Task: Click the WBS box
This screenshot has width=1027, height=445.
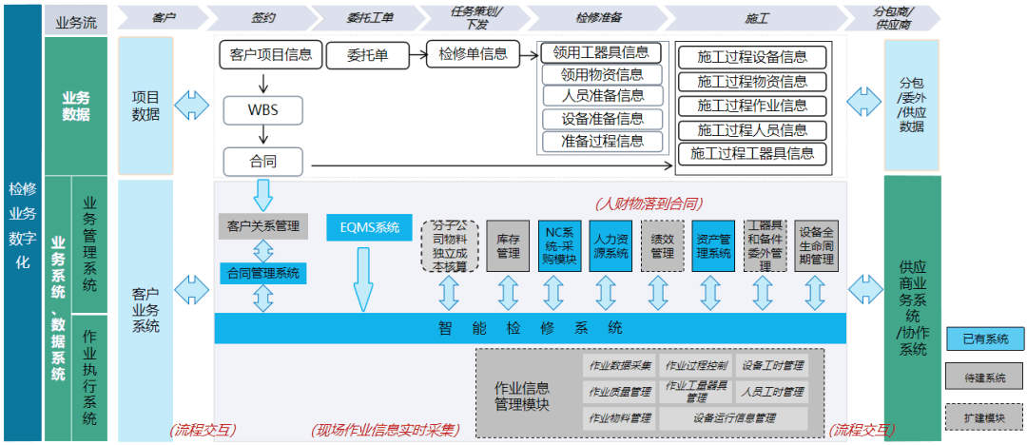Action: pos(262,108)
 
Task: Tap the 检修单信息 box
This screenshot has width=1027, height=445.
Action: pos(473,53)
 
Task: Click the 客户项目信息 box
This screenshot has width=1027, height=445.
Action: pos(271,54)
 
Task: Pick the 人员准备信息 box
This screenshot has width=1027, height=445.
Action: pos(603,96)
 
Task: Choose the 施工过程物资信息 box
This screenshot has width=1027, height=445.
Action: pos(752,82)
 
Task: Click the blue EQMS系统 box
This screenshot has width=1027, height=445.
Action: pos(369,228)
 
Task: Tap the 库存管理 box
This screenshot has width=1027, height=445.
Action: pos(508,246)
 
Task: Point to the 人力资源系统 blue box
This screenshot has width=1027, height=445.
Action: pos(610,246)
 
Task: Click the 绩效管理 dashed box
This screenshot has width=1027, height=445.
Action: pos(663,246)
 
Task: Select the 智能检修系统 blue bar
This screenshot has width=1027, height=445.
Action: pos(530,328)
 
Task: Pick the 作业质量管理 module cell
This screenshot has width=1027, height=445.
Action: pos(620,391)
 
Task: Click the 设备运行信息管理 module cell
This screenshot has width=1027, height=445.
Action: pos(732,417)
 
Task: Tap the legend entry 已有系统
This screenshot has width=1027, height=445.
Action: pos(984,339)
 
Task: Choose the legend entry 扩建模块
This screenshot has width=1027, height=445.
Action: pos(984,417)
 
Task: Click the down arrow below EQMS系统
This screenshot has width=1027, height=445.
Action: pos(362,280)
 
